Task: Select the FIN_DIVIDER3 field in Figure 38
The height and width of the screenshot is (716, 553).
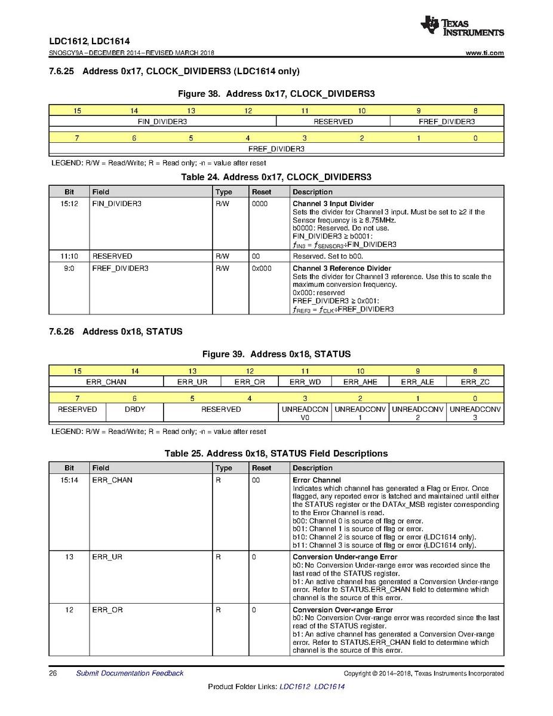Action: click(162, 121)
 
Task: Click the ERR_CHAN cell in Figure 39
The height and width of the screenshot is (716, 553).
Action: click(106, 382)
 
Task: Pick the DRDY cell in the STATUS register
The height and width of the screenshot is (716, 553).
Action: click(134, 409)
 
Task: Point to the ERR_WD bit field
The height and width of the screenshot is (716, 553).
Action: click(305, 382)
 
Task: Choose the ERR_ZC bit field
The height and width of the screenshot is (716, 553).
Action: click(475, 382)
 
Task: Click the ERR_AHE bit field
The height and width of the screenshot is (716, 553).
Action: click(361, 382)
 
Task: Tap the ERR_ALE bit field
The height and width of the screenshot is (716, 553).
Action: click(417, 382)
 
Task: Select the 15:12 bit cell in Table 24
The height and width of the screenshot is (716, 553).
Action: click(69, 204)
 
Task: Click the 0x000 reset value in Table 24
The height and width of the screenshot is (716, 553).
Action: click(261, 268)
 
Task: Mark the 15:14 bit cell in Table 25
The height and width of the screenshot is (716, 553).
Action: click(69, 480)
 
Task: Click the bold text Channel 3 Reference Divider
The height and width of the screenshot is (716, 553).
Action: click(342, 268)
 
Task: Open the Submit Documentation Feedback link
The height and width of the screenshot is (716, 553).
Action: click(130, 674)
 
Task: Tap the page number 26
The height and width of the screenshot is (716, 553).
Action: click(53, 674)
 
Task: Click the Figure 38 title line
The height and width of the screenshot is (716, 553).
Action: click(276, 94)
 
